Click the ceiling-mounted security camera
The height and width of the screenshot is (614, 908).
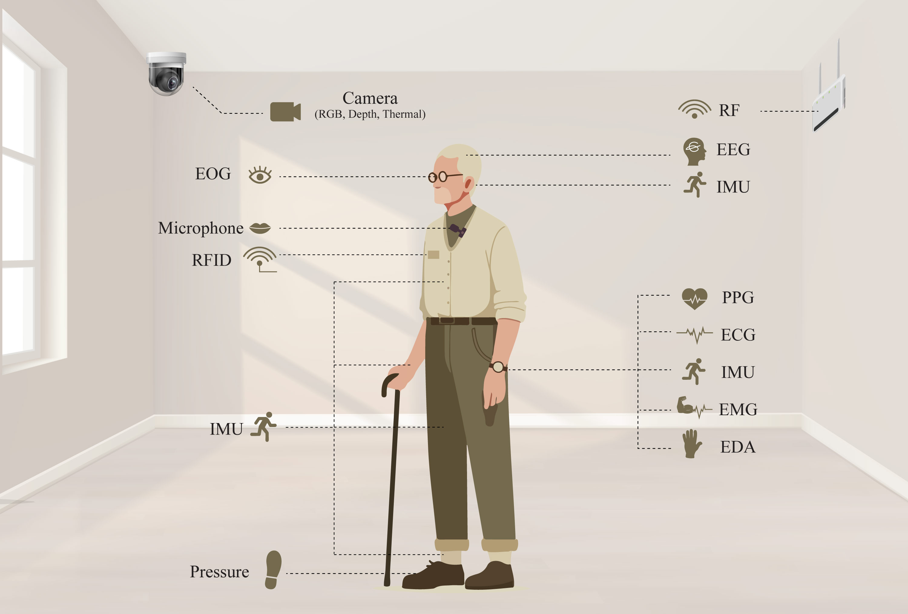point(166,74)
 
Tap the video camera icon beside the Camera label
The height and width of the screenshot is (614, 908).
point(285,112)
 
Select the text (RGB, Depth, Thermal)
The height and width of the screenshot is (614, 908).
point(370,114)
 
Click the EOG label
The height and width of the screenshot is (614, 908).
point(213,174)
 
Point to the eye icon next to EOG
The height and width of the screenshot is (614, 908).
point(260,175)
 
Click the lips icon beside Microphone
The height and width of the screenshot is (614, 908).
point(260,228)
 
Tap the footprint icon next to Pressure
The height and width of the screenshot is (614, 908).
point(273,570)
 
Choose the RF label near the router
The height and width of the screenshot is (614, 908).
point(729,110)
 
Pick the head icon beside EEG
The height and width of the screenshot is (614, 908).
point(694,152)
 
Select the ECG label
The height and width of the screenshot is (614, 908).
point(738,335)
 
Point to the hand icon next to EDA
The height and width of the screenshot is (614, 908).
point(692,444)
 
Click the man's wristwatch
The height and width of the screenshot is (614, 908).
point(498,367)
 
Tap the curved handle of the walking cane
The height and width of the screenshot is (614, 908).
point(390,383)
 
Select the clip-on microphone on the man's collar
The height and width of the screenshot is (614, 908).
point(458,230)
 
